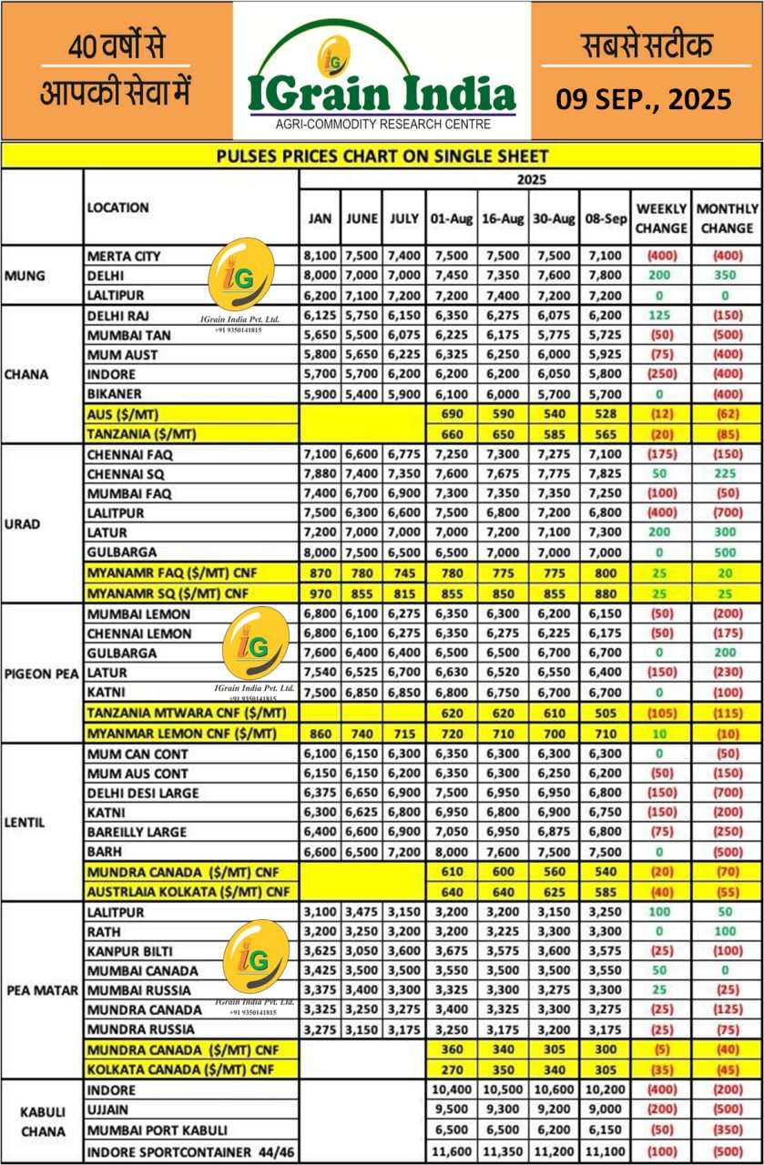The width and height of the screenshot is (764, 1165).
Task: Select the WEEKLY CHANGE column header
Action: point(661,218)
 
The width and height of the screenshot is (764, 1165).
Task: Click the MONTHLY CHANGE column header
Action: point(727,218)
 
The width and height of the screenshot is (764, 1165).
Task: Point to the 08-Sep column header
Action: point(604,218)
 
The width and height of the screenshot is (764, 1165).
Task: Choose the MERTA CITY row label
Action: point(124,256)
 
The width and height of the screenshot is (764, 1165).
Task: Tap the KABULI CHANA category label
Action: point(42,1119)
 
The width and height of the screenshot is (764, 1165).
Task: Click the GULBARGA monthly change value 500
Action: point(727,552)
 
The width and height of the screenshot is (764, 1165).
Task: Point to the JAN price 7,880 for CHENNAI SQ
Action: point(320,473)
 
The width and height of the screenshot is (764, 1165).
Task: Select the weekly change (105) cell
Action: point(661,712)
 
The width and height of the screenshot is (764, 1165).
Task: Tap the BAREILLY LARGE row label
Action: point(138,832)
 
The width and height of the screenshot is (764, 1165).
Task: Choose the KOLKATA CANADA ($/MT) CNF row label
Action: point(181,1069)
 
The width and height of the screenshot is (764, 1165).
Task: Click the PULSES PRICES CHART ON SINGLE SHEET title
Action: point(382,156)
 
